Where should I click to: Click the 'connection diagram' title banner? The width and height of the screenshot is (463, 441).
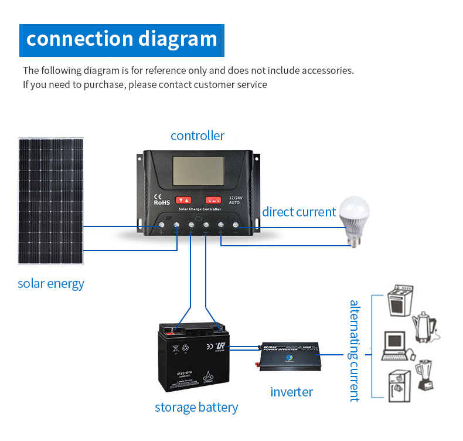coord(122,40)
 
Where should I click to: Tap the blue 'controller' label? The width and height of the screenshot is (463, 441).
coord(198,136)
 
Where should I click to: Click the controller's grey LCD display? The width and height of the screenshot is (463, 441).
coord(198,171)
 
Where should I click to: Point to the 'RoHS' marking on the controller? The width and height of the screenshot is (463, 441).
coord(161,202)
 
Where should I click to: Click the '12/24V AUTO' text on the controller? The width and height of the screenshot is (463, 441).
coord(235,200)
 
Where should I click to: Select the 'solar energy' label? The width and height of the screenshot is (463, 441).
coord(51,284)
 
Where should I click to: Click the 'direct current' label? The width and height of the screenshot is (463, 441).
coord(299,212)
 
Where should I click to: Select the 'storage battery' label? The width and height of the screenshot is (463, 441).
coord(196,408)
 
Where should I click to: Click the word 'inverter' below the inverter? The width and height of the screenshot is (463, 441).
coord(291,392)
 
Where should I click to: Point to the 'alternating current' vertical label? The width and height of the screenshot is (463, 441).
coord(354,351)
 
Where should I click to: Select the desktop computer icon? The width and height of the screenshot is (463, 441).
coord(396,346)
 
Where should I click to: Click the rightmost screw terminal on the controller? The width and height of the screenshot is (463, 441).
coord(236,225)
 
